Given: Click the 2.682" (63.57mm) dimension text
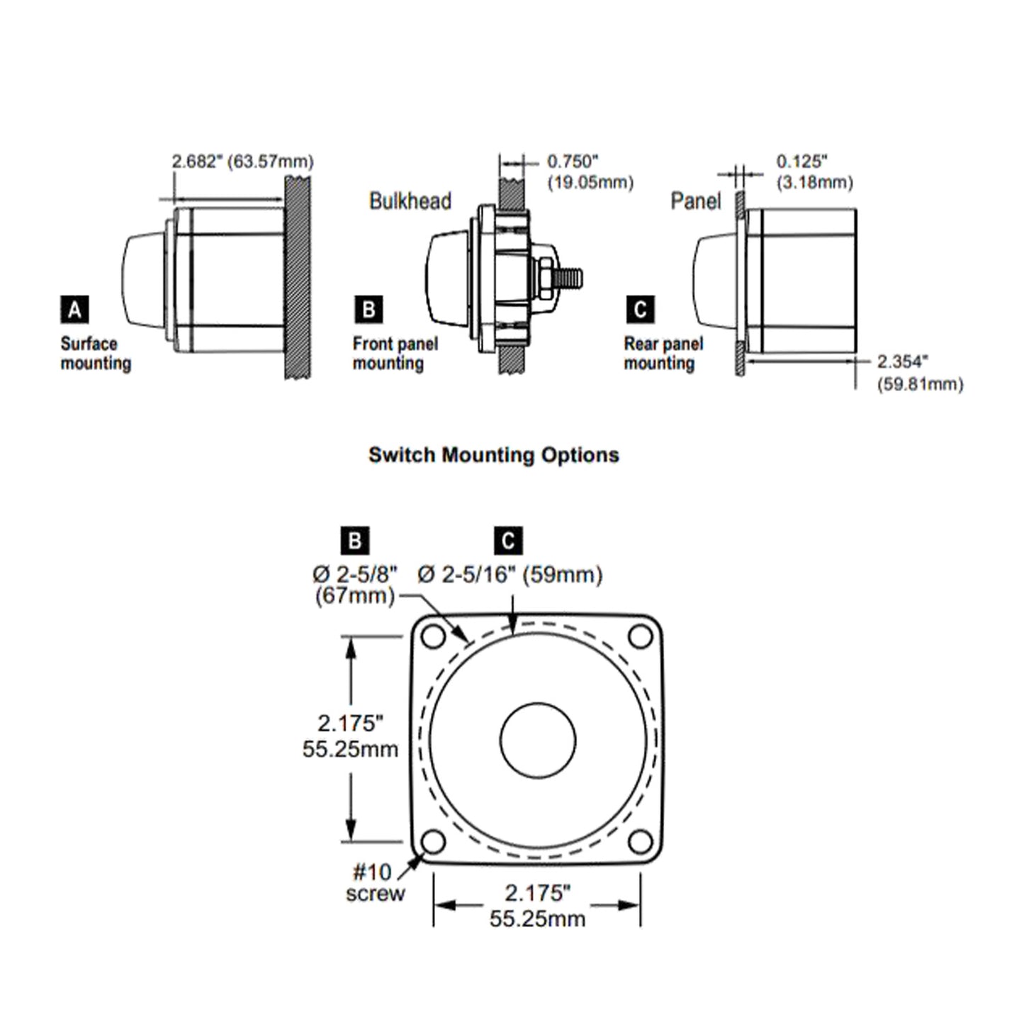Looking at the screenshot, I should point(242,162).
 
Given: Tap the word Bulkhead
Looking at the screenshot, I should point(410,201).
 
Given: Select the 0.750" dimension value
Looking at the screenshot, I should point(573,162).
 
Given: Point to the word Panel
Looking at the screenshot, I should point(695,201).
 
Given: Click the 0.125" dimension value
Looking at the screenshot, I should point(801,162).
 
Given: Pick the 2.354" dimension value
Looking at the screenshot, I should point(902,361).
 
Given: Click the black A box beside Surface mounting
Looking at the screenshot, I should point(74,310).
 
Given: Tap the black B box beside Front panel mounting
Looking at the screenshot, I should point(368,310).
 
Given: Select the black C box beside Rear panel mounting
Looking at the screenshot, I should point(640,310).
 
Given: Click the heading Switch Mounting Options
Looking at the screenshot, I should point(494,455).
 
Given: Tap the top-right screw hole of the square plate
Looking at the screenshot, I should point(641,636).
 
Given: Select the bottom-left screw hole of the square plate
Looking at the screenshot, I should point(433,843).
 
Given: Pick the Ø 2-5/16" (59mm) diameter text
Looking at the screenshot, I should point(510,574).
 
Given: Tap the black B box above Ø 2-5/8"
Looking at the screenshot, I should point(355,541).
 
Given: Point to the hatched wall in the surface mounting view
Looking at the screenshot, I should point(298,276).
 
